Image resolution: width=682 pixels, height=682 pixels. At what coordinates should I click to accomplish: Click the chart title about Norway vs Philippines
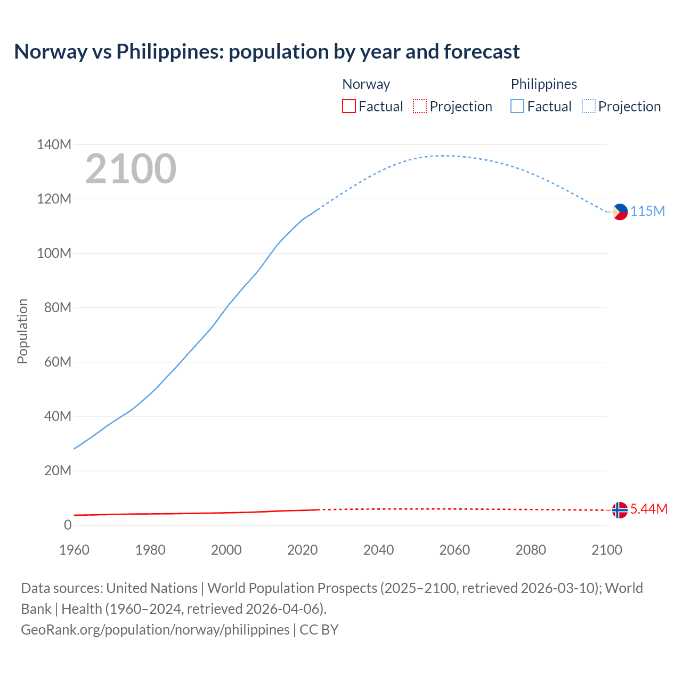(266, 52)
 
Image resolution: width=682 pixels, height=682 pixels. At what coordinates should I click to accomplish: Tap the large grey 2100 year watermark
(131, 168)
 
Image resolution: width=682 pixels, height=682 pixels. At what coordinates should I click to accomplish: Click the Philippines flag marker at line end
(620, 212)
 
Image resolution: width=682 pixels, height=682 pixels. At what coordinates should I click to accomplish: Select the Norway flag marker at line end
(620, 510)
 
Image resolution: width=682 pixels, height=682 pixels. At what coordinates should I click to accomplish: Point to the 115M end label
(648, 211)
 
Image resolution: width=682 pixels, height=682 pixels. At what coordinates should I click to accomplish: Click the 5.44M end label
(649, 509)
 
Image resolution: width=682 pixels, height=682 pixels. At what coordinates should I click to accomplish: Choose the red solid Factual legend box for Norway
(348, 107)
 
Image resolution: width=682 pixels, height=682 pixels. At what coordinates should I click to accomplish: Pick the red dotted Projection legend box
(420, 107)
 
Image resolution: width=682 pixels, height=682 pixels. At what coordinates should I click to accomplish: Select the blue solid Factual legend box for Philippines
(517, 107)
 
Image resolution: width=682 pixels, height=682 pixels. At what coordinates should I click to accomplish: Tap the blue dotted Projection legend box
(589, 107)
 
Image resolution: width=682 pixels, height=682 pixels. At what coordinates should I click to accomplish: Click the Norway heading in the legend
(366, 84)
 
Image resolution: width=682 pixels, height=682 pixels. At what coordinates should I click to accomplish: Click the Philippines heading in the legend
(543, 84)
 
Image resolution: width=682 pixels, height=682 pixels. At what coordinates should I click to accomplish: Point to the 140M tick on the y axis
(54, 144)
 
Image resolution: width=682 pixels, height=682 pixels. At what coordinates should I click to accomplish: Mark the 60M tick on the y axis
(58, 362)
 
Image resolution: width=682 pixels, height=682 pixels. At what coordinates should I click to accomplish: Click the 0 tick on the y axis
(68, 525)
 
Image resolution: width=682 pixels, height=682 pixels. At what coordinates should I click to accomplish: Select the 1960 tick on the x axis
(74, 550)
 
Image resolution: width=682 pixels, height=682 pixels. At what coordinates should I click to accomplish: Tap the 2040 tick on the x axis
(378, 550)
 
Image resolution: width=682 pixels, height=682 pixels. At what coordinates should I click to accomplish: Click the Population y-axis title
(22, 331)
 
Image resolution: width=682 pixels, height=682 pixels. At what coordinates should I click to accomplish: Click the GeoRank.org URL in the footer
(155, 629)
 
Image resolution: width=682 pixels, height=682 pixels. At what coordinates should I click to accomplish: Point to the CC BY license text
(319, 629)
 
